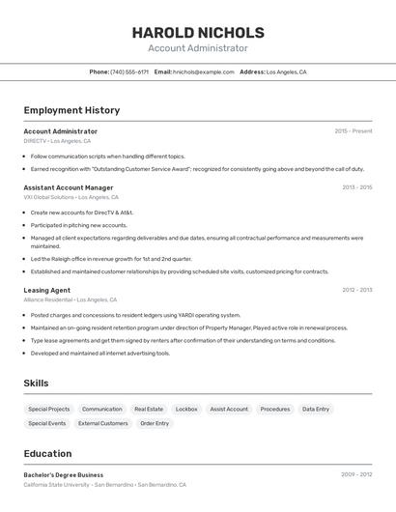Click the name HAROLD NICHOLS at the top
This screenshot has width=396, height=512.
click(x=198, y=33)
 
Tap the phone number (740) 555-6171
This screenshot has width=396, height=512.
click(x=129, y=71)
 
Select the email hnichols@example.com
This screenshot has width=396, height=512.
click(x=204, y=71)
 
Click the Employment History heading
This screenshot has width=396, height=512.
click(x=71, y=110)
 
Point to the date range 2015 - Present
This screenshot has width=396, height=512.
click(x=353, y=131)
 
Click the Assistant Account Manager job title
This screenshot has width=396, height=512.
click(x=69, y=187)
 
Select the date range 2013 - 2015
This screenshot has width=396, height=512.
click(x=356, y=187)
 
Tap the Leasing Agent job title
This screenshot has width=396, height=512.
click(x=46, y=290)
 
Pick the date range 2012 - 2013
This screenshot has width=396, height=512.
click(x=356, y=290)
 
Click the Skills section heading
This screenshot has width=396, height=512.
click(x=36, y=384)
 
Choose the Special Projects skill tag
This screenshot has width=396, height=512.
click(x=49, y=409)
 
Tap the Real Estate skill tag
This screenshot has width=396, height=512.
click(x=149, y=409)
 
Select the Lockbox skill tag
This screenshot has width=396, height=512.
click(x=186, y=409)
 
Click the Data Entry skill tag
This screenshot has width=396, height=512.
click(x=316, y=409)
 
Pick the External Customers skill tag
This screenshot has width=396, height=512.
click(x=103, y=423)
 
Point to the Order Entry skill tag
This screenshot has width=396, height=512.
click(x=155, y=423)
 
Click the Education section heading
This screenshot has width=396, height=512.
click(x=47, y=453)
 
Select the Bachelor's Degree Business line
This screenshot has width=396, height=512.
click(x=64, y=475)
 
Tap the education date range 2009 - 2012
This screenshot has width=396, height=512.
click(x=356, y=475)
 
